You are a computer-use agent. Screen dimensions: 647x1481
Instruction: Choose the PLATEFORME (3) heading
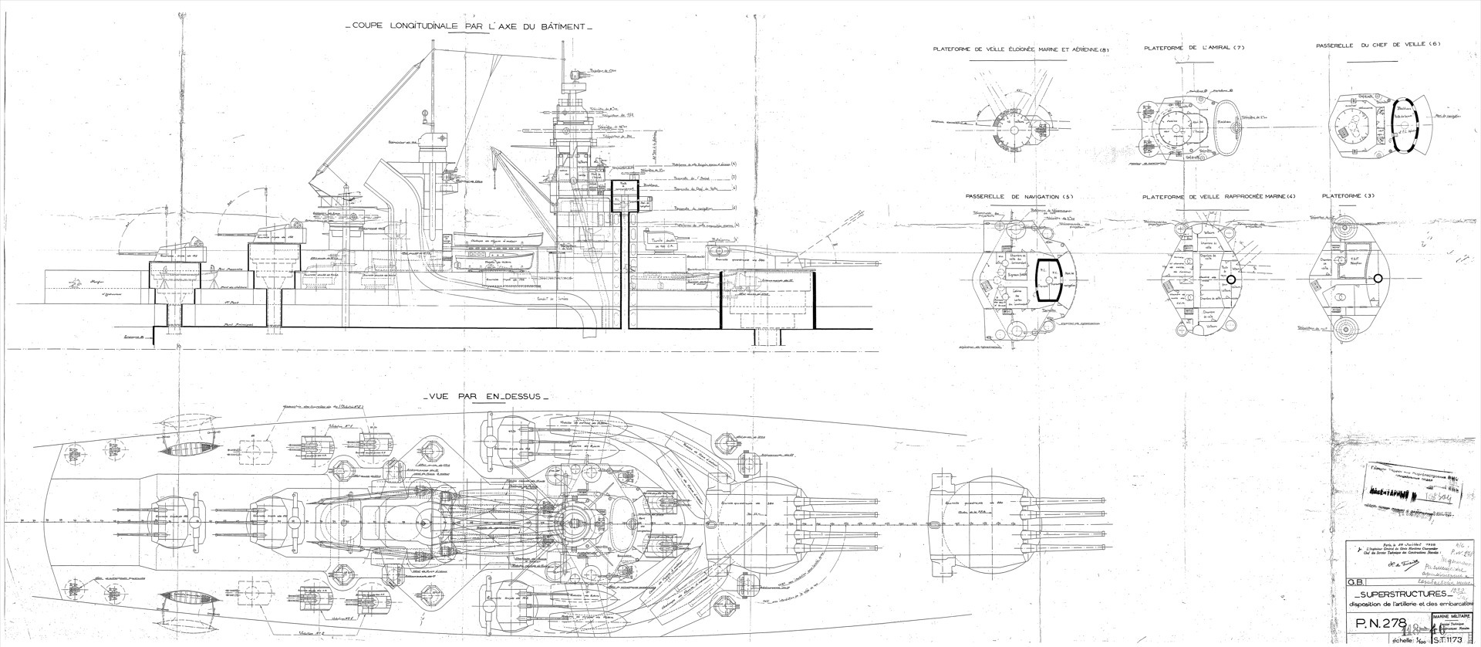pyautogui.click(x=1348, y=197)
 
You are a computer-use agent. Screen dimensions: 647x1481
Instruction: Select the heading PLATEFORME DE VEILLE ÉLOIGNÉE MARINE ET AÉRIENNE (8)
pyautogui.click(x=1021, y=50)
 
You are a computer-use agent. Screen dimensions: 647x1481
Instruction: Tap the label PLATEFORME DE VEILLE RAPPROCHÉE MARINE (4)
pyautogui.click(x=1219, y=197)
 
